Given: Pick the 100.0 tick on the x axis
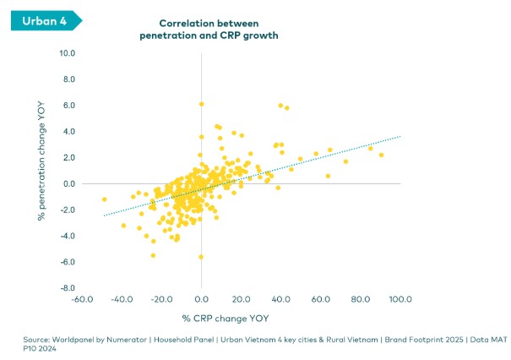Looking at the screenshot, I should pyautogui.click(x=400, y=300).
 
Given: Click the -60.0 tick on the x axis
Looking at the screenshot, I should pyautogui.click(x=81, y=300).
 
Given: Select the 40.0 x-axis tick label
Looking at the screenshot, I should pyautogui.click(x=281, y=300).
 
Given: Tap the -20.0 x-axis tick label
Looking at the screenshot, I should pyautogui.click(x=160, y=300).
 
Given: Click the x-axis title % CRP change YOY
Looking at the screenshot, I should pyautogui.click(x=222, y=318).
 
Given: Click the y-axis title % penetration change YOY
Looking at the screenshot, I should pyautogui.click(x=41, y=171).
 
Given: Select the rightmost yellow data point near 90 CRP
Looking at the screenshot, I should pyautogui.click(x=381, y=155).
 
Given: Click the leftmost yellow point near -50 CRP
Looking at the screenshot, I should pyautogui.click(x=105, y=199).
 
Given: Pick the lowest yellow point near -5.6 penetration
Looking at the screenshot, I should pyautogui.click(x=201, y=257).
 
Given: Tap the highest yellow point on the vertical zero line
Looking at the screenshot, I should pyautogui.click(x=201, y=104).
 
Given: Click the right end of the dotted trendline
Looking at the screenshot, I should pyautogui.click(x=400, y=135).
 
